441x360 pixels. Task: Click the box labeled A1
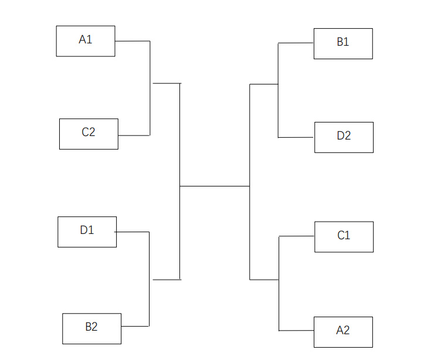(86, 41)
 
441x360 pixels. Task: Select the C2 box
(89, 134)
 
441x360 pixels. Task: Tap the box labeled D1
(87, 232)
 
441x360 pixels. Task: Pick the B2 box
(91, 328)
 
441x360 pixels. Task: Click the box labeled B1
(343, 43)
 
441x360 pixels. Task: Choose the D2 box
(344, 137)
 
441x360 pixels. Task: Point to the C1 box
(344, 237)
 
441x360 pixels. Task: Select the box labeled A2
(343, 332)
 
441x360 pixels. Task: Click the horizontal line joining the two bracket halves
(215, 186)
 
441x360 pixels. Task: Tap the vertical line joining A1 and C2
(150, 89)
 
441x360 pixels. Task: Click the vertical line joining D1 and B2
(149, 279)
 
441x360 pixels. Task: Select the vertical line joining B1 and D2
(278, 90)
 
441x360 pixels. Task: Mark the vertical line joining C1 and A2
(279, 284)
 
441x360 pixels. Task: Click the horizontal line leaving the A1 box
(133, 41)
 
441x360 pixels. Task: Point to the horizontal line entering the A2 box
(296, 331)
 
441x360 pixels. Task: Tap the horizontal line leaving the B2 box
(135, 326)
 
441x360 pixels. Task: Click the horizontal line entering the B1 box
(296, 43)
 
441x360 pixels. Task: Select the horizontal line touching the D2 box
(296, 138)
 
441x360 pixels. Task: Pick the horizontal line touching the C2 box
(134, 135)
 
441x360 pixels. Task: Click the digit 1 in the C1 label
(348, 235)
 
